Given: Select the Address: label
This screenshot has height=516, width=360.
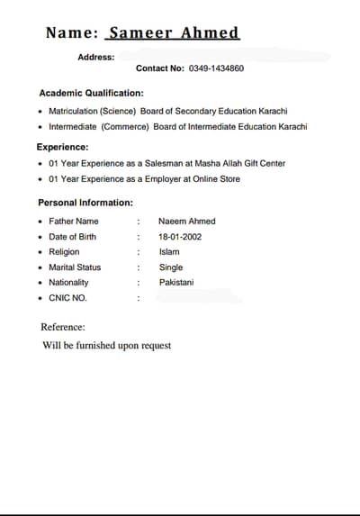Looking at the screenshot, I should pos(96,57).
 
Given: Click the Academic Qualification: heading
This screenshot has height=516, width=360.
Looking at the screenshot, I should pos(91,93).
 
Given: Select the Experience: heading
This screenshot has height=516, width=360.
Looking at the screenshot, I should pos(62,147).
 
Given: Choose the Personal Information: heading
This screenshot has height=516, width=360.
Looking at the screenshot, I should pos(85,204).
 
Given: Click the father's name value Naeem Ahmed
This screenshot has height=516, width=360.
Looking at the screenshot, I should pos(186,222).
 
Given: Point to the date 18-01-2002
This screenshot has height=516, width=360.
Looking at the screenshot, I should pos(180,237).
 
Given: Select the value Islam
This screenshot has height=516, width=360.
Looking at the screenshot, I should pos(169,252).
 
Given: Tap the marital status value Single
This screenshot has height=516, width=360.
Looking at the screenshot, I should pos(171,267).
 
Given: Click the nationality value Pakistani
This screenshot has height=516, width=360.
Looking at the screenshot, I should pos(176,283).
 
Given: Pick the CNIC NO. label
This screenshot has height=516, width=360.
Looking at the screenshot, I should pos(67,298).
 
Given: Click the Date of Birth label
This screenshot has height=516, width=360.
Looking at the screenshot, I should pos(72,237).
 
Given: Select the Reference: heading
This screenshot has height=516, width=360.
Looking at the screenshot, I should pos(64,327).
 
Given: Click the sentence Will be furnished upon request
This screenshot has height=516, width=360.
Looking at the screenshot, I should pos(106,346).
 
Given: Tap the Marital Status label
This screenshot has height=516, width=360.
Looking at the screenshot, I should pos(75,267).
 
